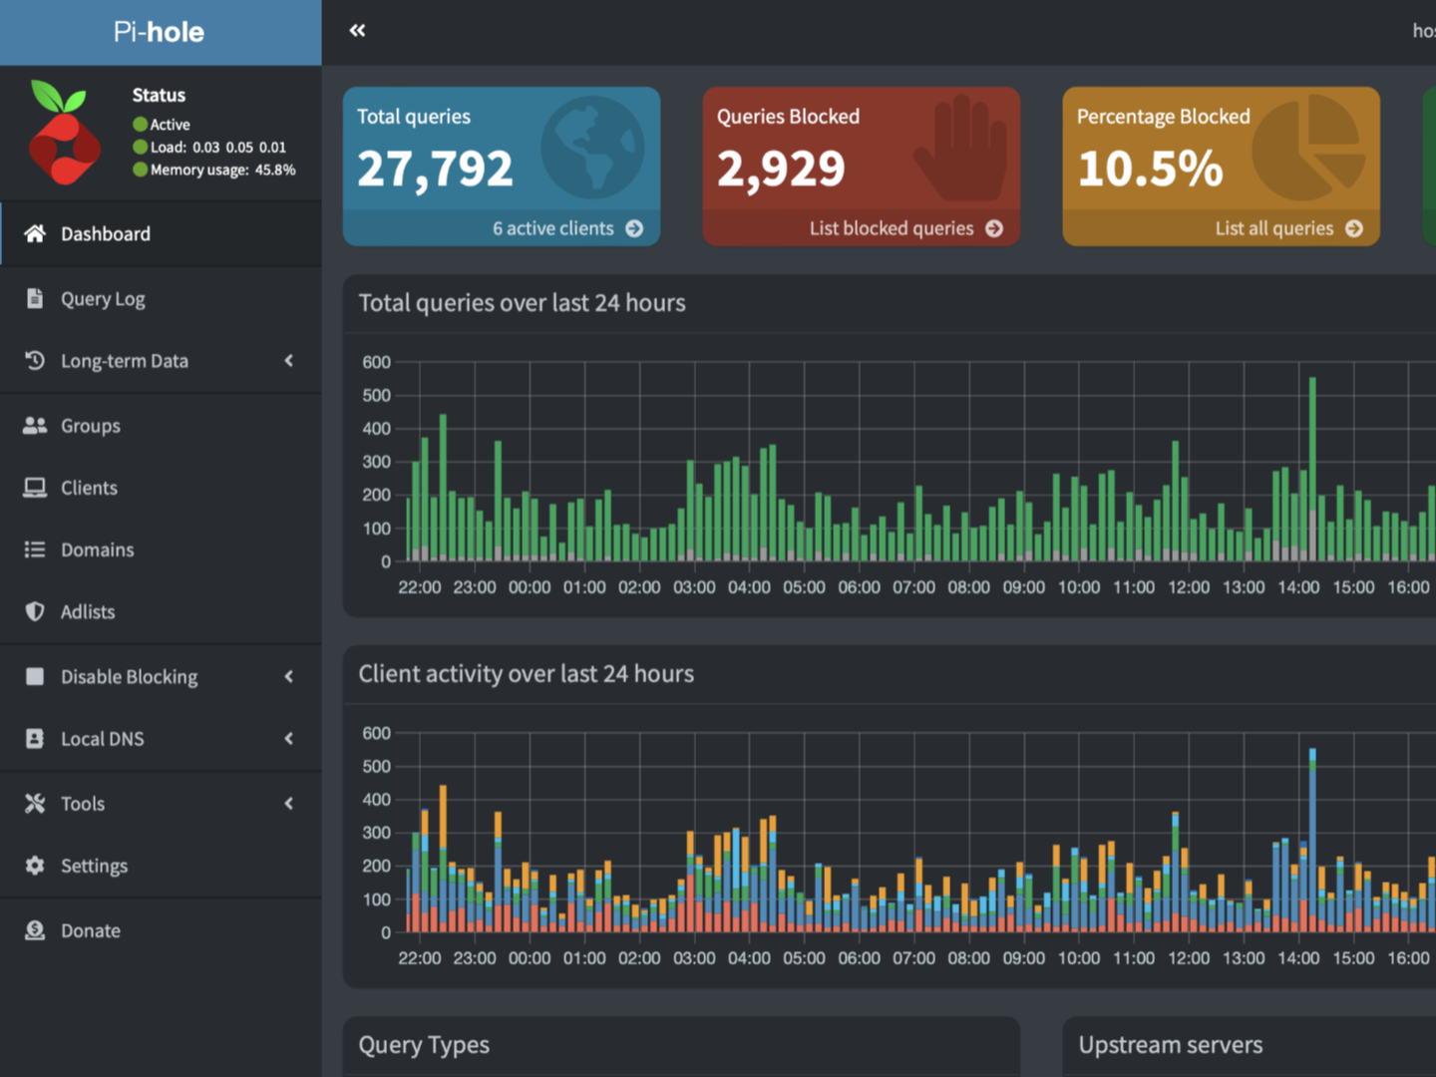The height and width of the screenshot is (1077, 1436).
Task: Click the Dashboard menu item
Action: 105,234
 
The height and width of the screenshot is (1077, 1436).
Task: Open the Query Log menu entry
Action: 102,299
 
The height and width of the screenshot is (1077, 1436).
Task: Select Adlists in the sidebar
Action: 87,612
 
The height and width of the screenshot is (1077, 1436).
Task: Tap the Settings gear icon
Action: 35,866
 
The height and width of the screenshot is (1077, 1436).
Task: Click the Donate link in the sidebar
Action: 90,930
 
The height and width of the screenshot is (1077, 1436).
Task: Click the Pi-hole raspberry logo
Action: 64,134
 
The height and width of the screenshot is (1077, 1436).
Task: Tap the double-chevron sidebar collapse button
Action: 357,31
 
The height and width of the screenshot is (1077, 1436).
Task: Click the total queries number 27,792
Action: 435,169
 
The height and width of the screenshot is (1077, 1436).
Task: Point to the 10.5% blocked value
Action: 1150,169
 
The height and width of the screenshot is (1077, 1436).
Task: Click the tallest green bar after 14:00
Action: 1312,469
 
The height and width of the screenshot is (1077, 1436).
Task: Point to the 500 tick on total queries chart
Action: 376,396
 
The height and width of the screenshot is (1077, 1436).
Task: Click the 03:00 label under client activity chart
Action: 694,958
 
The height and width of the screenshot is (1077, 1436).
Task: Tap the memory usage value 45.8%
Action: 275,171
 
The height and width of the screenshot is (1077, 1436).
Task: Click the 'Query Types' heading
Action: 424,1045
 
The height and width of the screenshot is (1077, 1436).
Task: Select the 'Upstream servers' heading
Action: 1170,1045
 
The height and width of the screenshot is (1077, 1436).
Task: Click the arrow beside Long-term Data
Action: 289,361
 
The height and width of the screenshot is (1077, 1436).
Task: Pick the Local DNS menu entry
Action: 102,739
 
